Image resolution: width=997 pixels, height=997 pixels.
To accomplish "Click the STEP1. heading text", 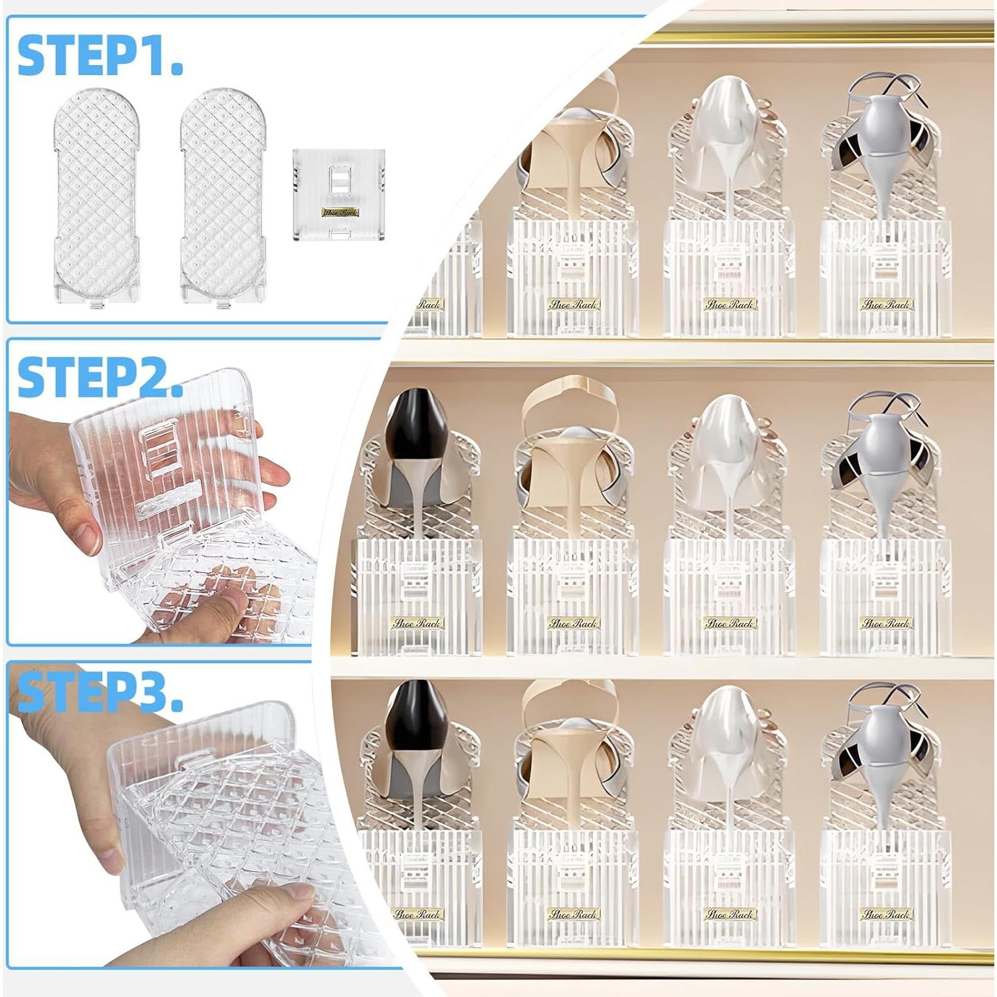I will point(100,56).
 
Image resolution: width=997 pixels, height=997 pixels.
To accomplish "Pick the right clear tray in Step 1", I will point(225,196).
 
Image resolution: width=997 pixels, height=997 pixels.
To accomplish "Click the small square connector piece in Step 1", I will point(339,194).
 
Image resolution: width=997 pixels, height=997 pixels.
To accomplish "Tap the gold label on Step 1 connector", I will point(339,212).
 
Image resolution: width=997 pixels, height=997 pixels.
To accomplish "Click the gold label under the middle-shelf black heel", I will point(416,623).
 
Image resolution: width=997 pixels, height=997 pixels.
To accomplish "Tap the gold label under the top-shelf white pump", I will point(729,304).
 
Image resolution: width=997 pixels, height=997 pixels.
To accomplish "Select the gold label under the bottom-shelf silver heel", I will point(885,915).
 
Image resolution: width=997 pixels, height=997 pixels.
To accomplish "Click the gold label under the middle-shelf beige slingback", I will point(572,623).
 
